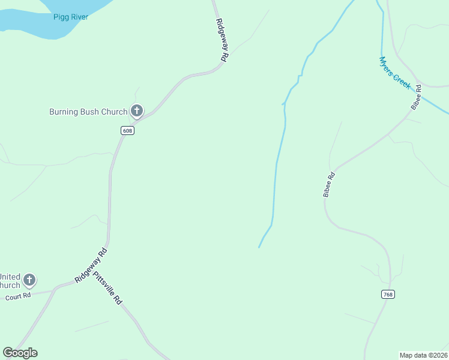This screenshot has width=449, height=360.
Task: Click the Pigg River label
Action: point(70,17)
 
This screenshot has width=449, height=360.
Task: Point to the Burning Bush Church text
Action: point(88,111)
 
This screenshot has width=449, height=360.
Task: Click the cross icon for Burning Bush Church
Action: point(137,110)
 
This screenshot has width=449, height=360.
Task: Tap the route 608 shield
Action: point(127,131)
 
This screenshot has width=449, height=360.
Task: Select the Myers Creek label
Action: point(395,73)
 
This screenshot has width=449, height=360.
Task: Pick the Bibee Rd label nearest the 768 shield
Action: point(328,184)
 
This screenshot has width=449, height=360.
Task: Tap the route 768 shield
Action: point(388,294)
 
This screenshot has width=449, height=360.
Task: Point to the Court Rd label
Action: point(18,297)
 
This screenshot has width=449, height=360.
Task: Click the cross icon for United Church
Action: point(29,280)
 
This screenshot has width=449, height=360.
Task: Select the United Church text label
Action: point(10,281)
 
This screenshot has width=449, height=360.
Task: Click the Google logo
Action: point(20,353)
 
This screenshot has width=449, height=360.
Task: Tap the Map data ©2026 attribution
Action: point(423,355)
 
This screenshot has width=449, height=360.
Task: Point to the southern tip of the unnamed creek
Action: point(259,247)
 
